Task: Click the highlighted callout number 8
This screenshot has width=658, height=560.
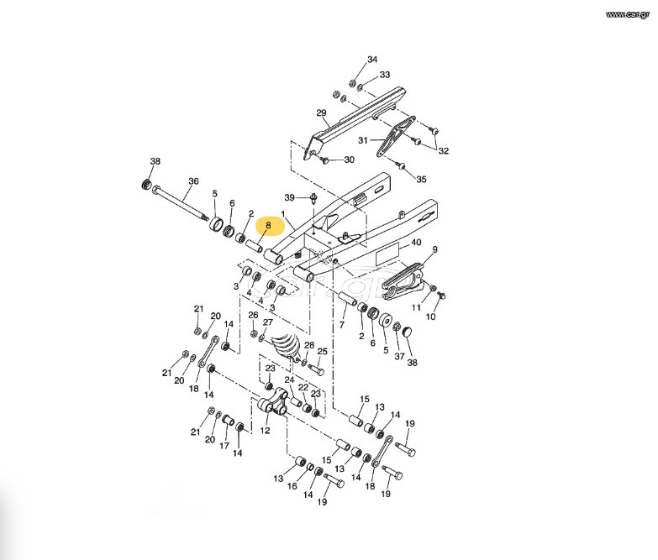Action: [x=269, y=226]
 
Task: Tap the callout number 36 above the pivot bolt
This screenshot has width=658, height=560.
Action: [x=193, y=181]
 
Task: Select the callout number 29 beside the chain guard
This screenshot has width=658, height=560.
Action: [x=321, y=113]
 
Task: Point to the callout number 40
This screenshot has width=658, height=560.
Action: [x=416, y=243]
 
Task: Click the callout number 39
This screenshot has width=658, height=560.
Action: [x=290, y=197]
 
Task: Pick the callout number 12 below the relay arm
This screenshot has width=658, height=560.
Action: [x=266, y=430]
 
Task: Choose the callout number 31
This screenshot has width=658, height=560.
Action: [x=363, y=140]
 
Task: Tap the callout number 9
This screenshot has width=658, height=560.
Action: [x=434, y=249]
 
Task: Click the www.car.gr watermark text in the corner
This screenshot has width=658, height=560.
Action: [x=628, y=14]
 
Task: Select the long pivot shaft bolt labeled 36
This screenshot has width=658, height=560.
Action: [x=181, y=202]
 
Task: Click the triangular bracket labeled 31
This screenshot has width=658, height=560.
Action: [x=396, y=137]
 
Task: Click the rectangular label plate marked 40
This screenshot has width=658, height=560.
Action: [x=387, y=254]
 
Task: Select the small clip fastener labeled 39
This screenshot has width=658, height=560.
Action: [x=314, y=198]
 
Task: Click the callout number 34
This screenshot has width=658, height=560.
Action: [x=372, y=60]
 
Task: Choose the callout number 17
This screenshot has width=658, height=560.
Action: [x=224, y=446]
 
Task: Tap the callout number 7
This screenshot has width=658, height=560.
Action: [x=341, y=325]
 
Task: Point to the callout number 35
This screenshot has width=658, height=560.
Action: [x=421, y=179]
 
